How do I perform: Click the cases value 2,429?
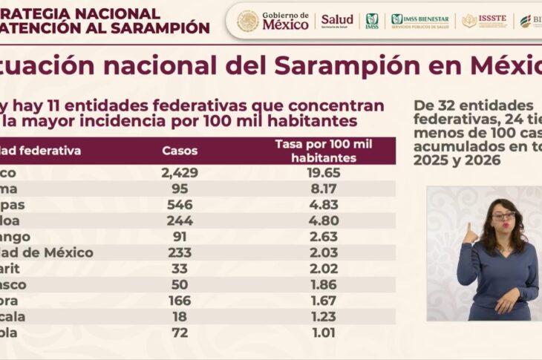click(180, 172)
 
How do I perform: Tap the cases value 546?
click(180, 204)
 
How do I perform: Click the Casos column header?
click(180, 151)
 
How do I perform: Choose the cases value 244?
click(180, 220)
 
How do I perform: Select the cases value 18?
click(180, 316)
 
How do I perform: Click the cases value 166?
click(180, 301)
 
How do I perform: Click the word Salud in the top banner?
click(337, 20)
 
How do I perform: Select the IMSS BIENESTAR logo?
click(420, 20)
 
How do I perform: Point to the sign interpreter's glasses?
click(503, 216)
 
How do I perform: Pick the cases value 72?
click(180, 333)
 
